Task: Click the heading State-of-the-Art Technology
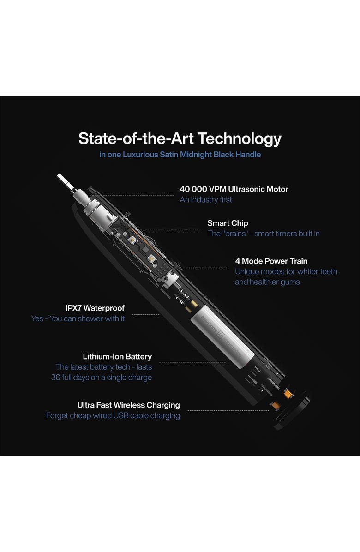coord(180,139)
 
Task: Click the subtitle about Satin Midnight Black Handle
coord(180,155)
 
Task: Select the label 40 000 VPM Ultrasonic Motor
coord(234,189)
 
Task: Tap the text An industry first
coord(206,199)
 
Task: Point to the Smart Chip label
coord(228,223)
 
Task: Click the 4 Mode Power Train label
coord(271,261)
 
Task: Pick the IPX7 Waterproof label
coord(95,308)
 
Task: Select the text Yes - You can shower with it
coord(78,318)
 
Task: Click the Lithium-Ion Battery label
coord(117,357)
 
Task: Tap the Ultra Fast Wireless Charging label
coord(128,405)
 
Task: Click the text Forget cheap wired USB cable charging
coord(113,416)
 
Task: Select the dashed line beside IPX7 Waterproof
coord(145,315)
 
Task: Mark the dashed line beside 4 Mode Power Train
coord(207,267)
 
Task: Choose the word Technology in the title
coord(239,139)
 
